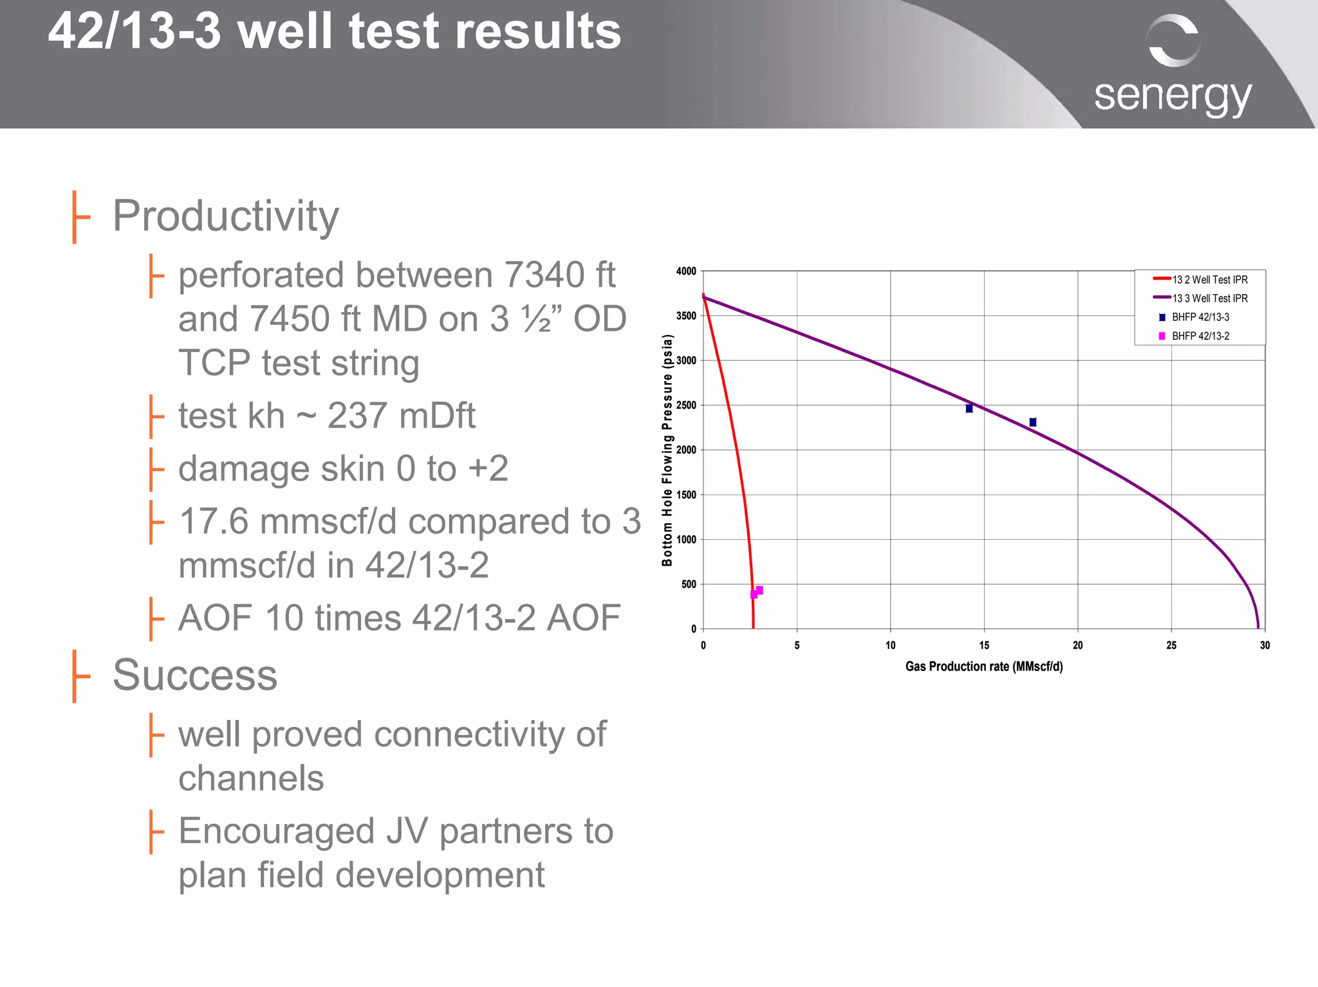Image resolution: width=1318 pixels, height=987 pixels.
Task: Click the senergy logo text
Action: point(1173,97)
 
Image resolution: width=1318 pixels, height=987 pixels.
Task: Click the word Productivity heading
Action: point(225,216)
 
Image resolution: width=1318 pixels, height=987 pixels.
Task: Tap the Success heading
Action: point(195,675)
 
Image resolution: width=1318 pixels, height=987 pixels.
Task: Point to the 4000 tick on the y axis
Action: point(686,272)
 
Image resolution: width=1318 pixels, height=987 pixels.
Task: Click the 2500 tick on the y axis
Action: point(686,405)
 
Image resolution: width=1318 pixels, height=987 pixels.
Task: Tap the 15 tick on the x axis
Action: point(984,645)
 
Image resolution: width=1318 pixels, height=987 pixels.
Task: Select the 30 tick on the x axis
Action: point(1265,645)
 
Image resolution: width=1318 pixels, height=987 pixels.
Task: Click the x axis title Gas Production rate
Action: point(984,667)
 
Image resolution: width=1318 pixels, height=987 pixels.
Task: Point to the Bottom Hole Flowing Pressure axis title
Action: point(667,450)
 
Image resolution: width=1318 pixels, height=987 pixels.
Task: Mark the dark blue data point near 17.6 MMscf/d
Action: point(1033,422)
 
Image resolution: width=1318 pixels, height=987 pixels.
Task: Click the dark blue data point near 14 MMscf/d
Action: point(969,409)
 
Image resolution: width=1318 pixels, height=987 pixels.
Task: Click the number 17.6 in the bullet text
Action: point(214,521)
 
